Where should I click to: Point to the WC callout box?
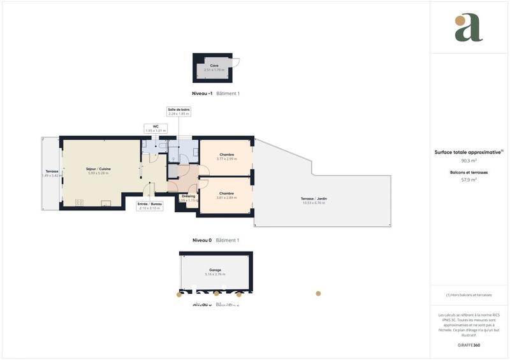(x=155, y=128)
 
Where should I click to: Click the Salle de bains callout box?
(x=178, y=112)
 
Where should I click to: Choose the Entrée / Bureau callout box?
(x=150, y=206)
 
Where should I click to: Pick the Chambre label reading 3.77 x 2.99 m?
(x=226, y=156)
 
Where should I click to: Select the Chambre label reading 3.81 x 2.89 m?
(x=226, y=195)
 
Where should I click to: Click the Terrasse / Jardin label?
(x=314, y=200)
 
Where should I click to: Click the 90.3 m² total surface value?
(x=469, y=161)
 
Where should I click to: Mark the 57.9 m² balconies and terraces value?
(x=469, y=180)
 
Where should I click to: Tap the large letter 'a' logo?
(x=469, y=28)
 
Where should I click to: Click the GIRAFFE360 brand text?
(x=469, y=344)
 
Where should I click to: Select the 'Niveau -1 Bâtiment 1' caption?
(x=215, y=93)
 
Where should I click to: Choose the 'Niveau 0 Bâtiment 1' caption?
(x=215, y=240)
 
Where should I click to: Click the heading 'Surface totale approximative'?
(x=469, y=152)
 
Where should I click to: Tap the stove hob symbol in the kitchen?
(x=80, y=203)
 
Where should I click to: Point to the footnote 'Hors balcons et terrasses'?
(x=469, y=295)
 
